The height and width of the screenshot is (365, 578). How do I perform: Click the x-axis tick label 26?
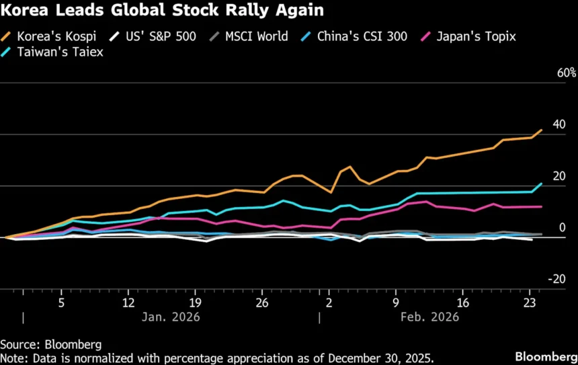point(262,302)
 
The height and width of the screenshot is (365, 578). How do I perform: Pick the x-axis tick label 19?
point(196,302)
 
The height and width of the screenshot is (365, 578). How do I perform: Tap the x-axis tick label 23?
point(529,302)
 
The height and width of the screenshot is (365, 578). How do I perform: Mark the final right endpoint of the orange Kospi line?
point(542,130)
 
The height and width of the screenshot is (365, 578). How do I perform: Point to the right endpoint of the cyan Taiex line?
point(542,184)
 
